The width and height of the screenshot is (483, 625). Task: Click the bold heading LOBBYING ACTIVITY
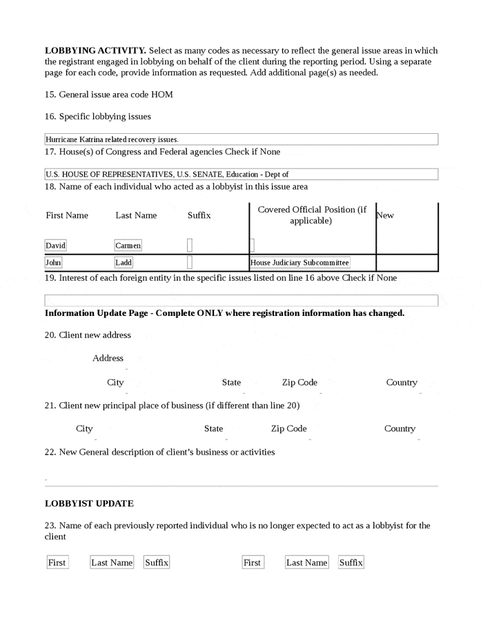point(95,50)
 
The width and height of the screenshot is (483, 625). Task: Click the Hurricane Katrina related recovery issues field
point(241,139)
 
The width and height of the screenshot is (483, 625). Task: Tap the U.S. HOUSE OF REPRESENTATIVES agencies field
point(241,175)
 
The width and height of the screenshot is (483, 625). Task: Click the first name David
point(55,246)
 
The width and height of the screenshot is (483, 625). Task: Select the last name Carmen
point(128,246)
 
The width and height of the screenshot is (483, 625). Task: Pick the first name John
point(53,263)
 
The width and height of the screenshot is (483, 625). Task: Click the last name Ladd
point(124,263)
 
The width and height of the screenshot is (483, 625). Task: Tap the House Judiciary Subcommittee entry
point(299,263)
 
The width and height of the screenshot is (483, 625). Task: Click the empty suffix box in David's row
point(190,246)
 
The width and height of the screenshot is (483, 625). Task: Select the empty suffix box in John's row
point(190,263)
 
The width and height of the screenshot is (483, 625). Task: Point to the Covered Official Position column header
point(312,215)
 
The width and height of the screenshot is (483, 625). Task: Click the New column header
point(386,215)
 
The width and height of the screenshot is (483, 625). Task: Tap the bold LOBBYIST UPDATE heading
point(89,504)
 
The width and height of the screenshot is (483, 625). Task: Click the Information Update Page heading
point(224,313)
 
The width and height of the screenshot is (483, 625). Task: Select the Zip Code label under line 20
point(299,382)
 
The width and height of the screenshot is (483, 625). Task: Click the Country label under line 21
point(400,428)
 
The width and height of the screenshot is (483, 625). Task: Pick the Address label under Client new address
point(108,358)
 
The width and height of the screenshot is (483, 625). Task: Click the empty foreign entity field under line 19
point(241,301)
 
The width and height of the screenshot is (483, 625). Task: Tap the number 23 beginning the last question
point(50,526)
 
